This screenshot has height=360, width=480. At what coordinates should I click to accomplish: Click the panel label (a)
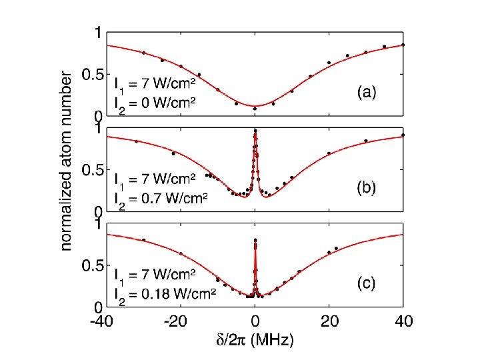(365, 94)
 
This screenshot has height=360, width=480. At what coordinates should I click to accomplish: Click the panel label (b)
(365, 189)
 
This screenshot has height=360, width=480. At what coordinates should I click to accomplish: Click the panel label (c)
(365, 284)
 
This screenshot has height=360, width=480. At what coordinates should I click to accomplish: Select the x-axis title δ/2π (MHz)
(254, 339)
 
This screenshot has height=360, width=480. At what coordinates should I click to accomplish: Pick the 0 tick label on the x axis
(255, 321)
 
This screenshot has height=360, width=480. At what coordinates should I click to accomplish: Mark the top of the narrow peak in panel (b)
(255, 132)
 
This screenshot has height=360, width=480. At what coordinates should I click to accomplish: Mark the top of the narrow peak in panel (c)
(255, 240)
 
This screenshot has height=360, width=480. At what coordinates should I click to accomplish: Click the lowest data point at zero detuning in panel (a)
(255, 108)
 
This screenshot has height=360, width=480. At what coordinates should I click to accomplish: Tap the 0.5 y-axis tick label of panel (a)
(91, 75)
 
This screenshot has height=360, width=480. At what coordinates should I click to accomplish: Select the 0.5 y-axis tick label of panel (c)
(91, 267)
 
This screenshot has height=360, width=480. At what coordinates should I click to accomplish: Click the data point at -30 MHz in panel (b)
(137, 141)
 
